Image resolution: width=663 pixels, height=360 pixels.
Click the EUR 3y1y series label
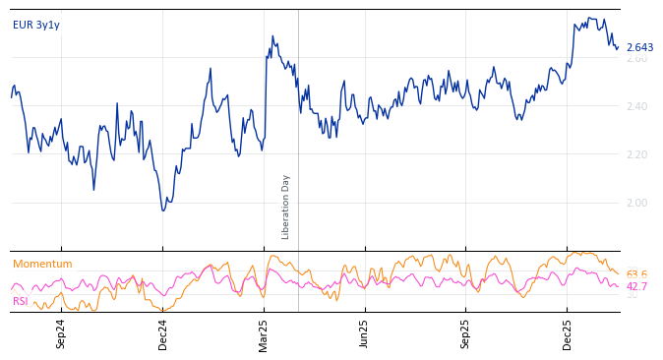[36, 26]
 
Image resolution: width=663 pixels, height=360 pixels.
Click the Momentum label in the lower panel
[42, 265]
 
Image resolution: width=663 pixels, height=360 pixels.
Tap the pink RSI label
[21, 301]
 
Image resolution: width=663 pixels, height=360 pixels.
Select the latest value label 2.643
[639, 47]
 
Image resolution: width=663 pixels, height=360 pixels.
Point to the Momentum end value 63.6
[636, 275]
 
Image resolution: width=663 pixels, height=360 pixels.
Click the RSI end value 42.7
[636, 287]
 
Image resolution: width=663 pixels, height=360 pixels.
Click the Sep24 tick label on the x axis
[61, 333]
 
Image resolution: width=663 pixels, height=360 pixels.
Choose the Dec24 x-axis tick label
[163, 333]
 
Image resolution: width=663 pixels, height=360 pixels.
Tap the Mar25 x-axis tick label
[265, 333]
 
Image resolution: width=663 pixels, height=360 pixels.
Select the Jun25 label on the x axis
[365, 333]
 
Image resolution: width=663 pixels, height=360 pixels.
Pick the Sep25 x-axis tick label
[466, 333]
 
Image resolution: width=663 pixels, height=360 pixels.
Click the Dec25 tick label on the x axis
[568, 333]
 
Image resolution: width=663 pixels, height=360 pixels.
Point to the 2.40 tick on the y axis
[636, 106]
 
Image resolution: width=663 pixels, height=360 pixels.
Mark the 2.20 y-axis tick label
[636, 154]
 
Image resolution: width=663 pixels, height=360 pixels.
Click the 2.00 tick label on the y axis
[636, 203]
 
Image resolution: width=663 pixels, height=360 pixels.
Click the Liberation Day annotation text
[286, 207]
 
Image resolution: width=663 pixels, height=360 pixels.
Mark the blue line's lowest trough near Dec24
[163, 210]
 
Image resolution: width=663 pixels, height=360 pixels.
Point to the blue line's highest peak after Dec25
[589, 18]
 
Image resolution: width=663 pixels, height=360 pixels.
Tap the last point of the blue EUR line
[619, 46]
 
